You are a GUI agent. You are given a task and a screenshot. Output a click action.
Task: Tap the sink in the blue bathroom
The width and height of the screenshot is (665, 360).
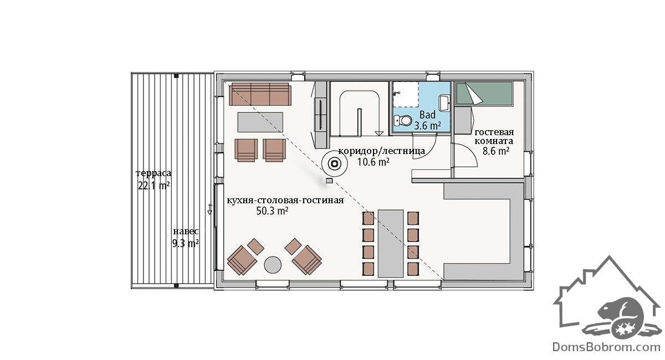(x=444, y=103)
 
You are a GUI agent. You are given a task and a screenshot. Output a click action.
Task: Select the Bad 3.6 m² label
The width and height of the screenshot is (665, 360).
(x=427, y=120)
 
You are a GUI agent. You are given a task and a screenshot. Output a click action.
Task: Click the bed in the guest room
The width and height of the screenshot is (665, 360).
(x=484, y=94)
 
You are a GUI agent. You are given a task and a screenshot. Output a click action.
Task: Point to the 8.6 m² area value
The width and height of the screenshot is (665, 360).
(x=496, y=151)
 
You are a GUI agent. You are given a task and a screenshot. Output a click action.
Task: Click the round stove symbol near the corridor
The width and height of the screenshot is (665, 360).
(x=335, y=163)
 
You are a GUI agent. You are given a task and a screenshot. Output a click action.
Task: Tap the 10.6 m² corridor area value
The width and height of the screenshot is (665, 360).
(x=373, y=162)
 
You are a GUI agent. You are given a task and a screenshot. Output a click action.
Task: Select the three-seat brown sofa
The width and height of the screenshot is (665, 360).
(x=260, y=94)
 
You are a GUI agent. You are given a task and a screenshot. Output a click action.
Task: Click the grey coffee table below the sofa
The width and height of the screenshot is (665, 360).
(x=260, y=122)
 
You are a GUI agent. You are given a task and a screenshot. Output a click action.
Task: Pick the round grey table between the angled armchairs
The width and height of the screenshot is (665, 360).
(x=273, y=265)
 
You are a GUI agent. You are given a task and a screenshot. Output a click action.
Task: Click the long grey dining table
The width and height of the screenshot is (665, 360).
(x=391, y=243)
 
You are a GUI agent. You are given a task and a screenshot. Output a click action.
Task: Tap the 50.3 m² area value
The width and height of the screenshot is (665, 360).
(x=272, y=211)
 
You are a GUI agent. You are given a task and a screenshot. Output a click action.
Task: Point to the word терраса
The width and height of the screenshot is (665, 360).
(x=154, y=173)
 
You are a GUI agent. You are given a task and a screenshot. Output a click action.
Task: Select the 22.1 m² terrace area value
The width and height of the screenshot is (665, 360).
(x=154, y=186)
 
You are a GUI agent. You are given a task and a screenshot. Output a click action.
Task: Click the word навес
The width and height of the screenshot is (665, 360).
(x=186, y=232)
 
